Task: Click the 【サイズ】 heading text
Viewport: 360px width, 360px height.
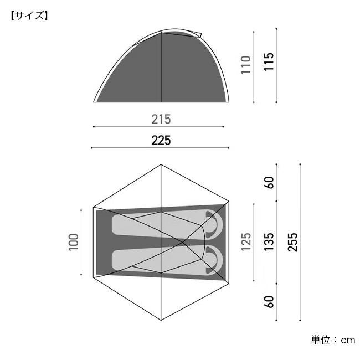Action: tap(29, 16)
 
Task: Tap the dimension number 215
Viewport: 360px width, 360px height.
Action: tap(161, 120)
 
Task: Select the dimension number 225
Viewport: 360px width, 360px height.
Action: tap(161, 141)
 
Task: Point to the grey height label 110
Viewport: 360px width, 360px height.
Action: tap(245, 65)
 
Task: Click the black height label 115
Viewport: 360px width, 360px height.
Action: tap(269, 62)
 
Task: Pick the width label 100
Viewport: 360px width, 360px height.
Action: tap(74, 242)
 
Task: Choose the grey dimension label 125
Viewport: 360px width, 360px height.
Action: tap(246, 242)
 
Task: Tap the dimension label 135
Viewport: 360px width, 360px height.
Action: tap(269, 242)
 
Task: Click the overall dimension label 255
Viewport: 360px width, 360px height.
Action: tap(292, 242)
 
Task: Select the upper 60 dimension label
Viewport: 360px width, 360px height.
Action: tap(269, 183)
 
